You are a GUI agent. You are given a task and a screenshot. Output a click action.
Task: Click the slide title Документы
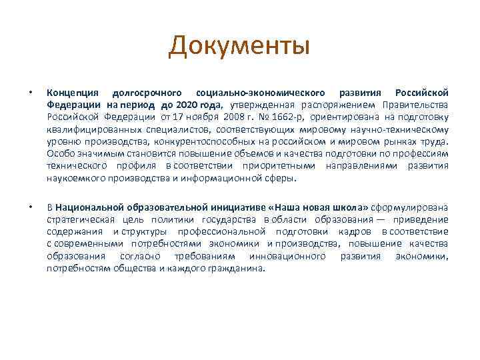pos(239,47)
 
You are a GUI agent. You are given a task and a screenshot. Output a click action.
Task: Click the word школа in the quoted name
pos(351,207)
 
